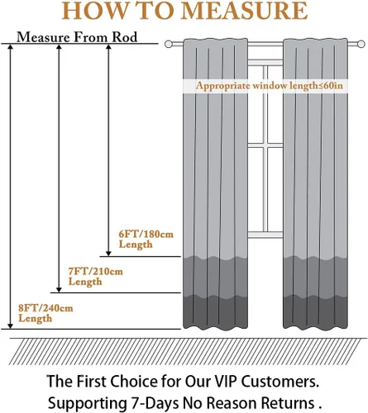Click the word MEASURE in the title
245,11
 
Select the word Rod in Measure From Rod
124,37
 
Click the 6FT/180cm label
146,235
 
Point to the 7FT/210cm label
96,272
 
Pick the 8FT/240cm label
45,308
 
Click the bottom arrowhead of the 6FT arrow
108,254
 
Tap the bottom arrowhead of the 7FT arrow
59,289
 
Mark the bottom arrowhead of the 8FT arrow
10,325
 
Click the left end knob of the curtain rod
169,44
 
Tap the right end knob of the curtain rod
361,44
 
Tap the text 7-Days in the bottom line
154,403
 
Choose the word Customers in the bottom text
278,382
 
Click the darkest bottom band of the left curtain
216,312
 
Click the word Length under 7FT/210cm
85,282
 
